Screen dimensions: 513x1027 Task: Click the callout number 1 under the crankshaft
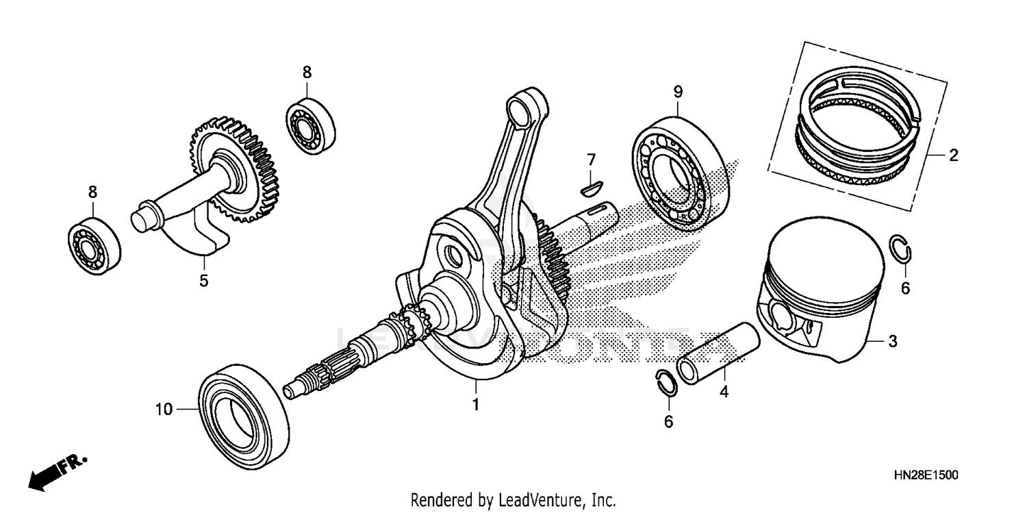click(x=475, y=405)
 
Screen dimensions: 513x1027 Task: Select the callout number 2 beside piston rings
click(x=953, y=155)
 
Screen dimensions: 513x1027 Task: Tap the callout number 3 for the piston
click(x=892, y=341)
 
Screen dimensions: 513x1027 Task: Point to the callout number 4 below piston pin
click(x=724, y=392)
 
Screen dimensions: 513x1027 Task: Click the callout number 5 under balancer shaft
click(x=203, y=280)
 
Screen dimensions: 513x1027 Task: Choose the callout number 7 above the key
click(x=591, y=160)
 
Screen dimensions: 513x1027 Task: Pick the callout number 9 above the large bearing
click(x=677, y=91)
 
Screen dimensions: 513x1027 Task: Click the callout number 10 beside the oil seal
click(x=163, y=410)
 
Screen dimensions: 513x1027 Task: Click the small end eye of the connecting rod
click(x=525, y=105)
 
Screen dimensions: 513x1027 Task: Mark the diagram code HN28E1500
click(x=925, y=475)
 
